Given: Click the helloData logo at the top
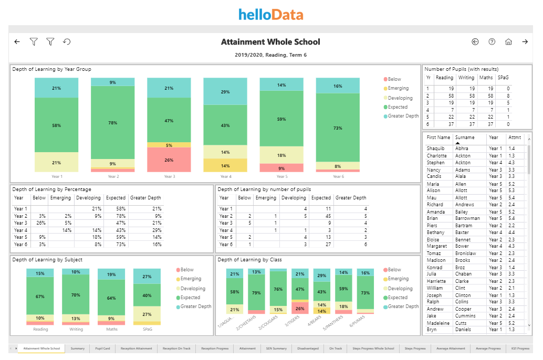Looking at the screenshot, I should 270,14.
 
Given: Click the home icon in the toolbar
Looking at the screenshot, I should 508,42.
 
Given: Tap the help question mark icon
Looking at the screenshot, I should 492,42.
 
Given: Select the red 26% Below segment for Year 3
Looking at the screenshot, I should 169,160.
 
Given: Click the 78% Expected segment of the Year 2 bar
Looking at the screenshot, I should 113,122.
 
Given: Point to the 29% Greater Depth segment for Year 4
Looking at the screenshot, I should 225,92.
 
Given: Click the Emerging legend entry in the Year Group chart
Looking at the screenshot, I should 398,89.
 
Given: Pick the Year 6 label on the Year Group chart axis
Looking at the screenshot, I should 338,177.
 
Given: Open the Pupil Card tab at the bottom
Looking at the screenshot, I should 102,348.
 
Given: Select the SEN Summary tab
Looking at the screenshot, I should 276,348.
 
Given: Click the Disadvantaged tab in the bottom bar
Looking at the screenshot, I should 308,348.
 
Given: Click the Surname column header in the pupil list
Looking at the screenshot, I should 465,137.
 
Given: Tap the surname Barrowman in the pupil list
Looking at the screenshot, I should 467,218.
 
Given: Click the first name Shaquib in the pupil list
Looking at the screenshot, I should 436,149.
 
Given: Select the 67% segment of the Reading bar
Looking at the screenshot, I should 40,297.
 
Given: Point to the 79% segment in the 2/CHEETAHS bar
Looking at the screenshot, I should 256,293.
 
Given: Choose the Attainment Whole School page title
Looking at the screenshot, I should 270,42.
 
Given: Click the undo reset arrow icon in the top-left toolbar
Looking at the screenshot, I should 67,42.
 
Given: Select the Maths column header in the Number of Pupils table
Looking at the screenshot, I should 486,78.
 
